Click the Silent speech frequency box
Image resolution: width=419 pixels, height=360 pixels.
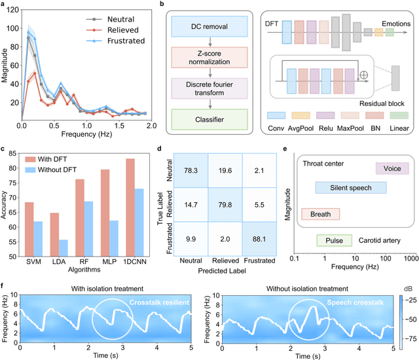click(x=351, y=188)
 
